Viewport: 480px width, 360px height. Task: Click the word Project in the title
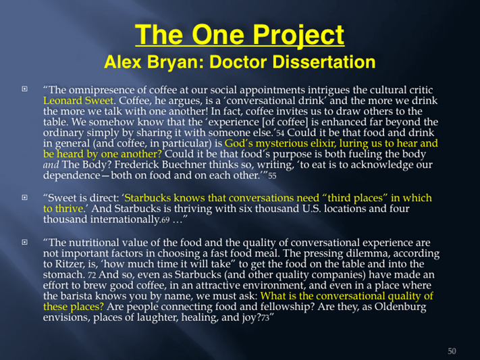[299, 35]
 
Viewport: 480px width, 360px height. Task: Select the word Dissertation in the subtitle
[323, 62]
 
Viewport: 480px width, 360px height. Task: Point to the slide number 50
[452, 351]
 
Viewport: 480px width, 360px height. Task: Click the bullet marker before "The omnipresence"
[24, 89]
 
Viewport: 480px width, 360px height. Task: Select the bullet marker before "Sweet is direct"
[24, 197]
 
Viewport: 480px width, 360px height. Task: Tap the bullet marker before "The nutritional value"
[24, 242]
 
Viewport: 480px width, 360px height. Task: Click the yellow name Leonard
[63, 101]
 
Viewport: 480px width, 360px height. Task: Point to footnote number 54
[280, 133]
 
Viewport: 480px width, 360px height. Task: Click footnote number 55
[272, 176]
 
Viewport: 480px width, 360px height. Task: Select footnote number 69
[165, 220]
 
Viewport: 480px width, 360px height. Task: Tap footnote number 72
[92, 275]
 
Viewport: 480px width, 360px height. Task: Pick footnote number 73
[265, 318]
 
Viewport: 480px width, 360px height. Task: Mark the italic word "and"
[51, 165]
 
